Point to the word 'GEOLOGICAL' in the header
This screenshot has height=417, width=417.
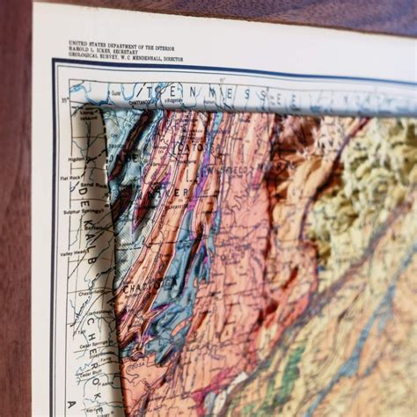[85, 57]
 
